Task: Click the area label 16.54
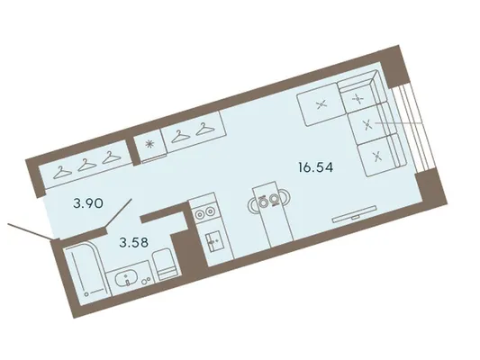coord(316,167)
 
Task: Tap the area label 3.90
coord(88,203)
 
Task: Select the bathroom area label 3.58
coord(134,242)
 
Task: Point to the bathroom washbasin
coord(125,279)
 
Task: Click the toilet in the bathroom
coord(166,265)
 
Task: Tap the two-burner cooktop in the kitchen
coord(204,212)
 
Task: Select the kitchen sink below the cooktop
coord(213,241)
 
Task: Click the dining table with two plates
coord(273,214)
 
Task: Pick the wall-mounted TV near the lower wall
coord(355,213)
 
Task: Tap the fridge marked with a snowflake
coord(149,145)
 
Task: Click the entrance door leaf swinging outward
coord(29,231)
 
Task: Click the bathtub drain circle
coord(87,294)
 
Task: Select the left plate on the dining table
coord(262,202)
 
